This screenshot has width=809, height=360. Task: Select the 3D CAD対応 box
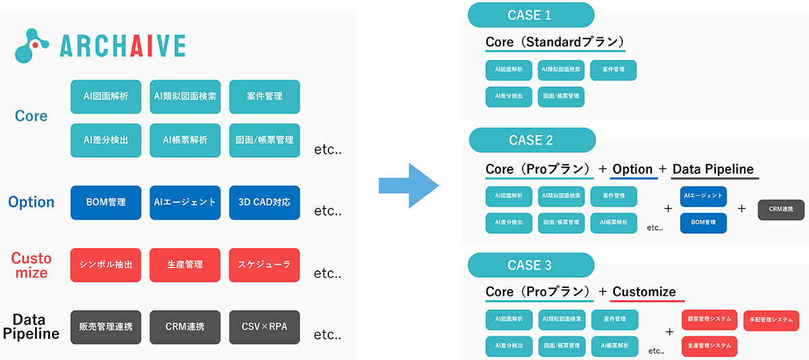(x=264, y=202)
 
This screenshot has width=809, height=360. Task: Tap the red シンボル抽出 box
(x=106, y=264)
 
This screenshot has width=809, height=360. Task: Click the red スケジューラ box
(x=264, y=264)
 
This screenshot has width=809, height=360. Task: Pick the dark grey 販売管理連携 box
(x=106, y=327)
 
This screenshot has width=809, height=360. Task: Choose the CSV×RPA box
(x=264, y=327)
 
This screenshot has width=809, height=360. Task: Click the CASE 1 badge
(x=530, y=15)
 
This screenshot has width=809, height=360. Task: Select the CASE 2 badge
(x=531, y=140)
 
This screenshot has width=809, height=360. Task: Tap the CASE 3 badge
(x=531, y=265)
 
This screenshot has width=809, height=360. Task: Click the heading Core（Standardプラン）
(x=555, y=42)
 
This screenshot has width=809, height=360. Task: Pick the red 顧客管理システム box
(x=709, y=319)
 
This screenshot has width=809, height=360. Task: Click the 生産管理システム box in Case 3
(x=709, y=346)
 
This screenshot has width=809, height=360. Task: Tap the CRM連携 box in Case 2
(x=781, y=210)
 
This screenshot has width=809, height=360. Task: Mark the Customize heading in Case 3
(x=647, y=292)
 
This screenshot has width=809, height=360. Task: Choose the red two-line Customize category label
(x=31, y=266)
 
